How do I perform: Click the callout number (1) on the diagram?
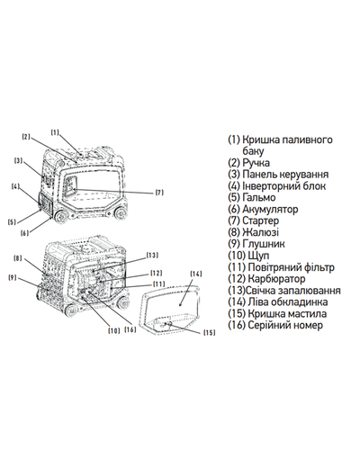(55, 132)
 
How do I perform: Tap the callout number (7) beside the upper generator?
(159, 193)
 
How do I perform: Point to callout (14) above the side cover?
(196, 274)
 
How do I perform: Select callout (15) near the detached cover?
(210, 332)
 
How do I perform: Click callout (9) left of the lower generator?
(13, 277)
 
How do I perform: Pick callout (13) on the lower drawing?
(152, 256)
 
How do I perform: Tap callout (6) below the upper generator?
(25, 232)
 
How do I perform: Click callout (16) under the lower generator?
(130, 329)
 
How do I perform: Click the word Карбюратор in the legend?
(276, 279)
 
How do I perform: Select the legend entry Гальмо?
(258, 197)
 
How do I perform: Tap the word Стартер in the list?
(260, 220)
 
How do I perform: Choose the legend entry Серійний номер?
(285, 325)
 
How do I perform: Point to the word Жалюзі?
(260, 232)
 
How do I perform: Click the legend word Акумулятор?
(270, 209)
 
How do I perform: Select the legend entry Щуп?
(258, 256)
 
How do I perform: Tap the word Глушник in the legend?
(263, 244)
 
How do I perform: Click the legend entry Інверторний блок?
(283, 185)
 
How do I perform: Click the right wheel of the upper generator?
(121, 213)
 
